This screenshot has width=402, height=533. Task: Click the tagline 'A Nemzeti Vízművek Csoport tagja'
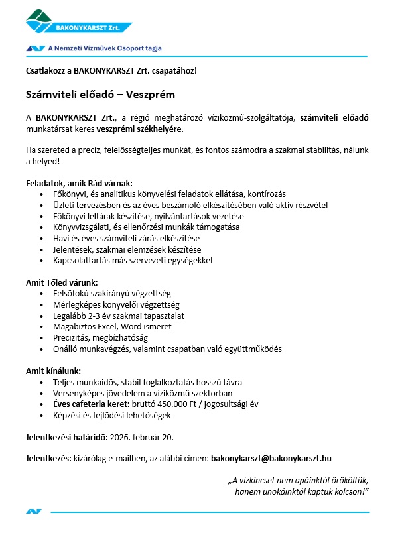tap(105, 48)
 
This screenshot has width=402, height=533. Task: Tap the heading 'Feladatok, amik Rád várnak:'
tap(79, 182)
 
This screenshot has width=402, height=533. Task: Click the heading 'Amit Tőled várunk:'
tap(62, 282)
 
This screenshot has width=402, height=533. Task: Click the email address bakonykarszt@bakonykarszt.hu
tap(271, 458)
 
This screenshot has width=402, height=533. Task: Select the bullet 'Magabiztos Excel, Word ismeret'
tap(113, 327)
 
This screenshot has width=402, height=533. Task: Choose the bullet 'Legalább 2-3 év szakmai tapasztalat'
tap(120, 316)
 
